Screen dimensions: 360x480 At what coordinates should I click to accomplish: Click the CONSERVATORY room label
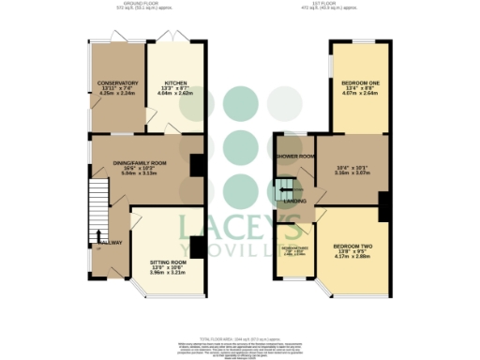(117, 83)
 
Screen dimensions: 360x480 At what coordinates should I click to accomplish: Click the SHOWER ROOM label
(293, 157)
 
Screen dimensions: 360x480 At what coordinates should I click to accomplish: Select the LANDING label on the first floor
(294, 199)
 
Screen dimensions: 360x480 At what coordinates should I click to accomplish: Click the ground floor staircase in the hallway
(99, 202)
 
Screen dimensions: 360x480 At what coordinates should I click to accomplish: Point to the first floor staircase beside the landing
(284, 187)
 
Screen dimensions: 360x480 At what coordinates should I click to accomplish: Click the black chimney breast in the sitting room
(196, 246)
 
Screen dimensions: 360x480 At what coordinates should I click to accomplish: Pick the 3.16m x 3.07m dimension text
(354, 172)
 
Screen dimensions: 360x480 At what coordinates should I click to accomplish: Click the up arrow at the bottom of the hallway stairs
(99, 235)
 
